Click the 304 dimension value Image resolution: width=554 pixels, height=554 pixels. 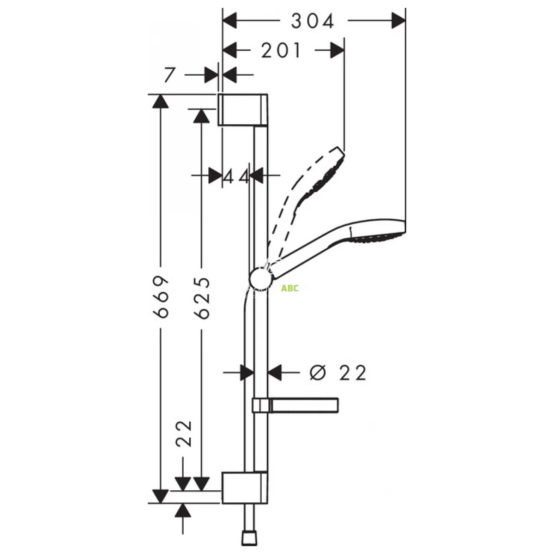point(313,21)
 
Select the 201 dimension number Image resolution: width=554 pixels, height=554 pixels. point(281,50)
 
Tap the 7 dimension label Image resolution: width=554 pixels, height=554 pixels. point(169,75)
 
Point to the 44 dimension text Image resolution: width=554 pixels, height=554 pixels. point(236,176)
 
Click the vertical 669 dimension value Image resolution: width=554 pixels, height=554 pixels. point(160,297)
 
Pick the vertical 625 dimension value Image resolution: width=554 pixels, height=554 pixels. point(201,298)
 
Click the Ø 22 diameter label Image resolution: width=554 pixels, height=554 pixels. point(338,373)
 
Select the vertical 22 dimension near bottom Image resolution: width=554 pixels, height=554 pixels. point(184,434)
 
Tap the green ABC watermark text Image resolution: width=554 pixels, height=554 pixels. point(289,289)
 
